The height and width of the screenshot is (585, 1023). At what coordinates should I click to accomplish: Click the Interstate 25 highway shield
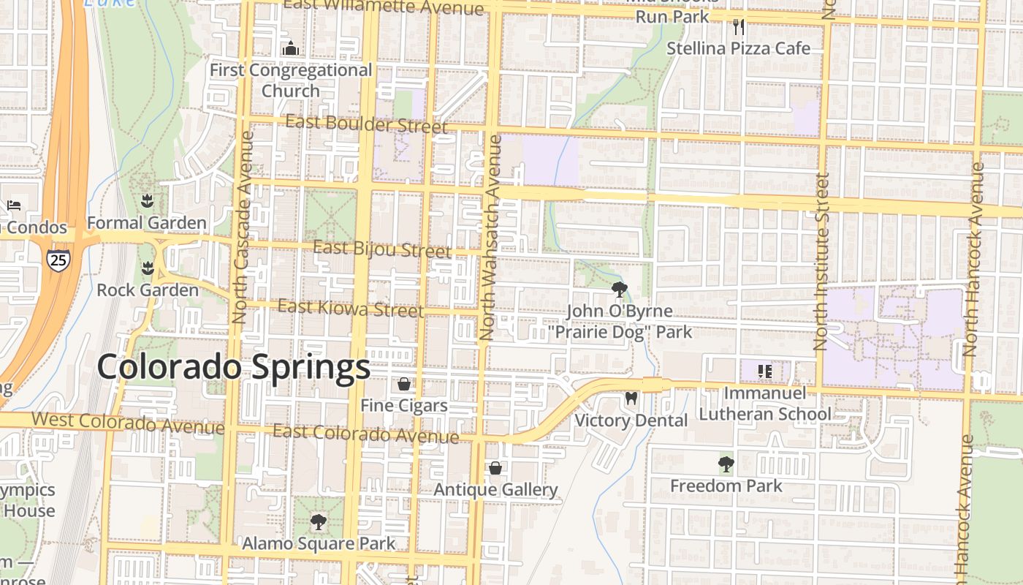[x=58, y=259]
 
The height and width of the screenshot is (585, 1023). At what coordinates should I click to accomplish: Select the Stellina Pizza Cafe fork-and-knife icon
[x=739, y=27]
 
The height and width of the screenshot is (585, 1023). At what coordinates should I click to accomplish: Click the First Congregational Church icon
[x=291, y=48]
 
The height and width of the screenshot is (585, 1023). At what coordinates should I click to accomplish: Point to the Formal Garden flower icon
[x=147, y=200]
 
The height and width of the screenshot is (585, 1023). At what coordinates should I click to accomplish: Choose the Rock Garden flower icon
[x=148, y=268]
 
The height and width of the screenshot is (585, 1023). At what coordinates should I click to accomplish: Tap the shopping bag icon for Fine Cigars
[x=404, y=383]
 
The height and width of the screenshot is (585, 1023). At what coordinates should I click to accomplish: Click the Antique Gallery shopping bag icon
[x=495, y=468]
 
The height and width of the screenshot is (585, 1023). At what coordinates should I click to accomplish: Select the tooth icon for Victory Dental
[x=631, y=399]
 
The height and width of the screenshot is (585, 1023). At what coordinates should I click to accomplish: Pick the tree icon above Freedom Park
[x=726, y=464]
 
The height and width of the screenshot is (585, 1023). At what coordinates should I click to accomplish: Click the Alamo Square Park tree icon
[x=318, y=522]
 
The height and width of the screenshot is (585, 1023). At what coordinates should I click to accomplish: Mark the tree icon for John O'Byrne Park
[x=620, y=289]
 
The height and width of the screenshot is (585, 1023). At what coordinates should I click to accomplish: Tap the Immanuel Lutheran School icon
[x=765, y=371]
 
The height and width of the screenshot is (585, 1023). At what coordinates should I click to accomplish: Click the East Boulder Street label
[x=366, y=124]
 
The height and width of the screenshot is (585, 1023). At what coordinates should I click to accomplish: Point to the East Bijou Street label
[x=382, y=249]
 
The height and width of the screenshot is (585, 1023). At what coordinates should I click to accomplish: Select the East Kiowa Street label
[x=350, y=308]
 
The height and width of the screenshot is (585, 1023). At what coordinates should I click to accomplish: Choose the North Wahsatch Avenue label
[x=488, y=238]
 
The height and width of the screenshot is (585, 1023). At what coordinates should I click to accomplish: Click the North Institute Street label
[x=822, y=261]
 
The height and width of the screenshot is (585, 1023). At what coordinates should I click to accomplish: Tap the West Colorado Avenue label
[x=128, y=422]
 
